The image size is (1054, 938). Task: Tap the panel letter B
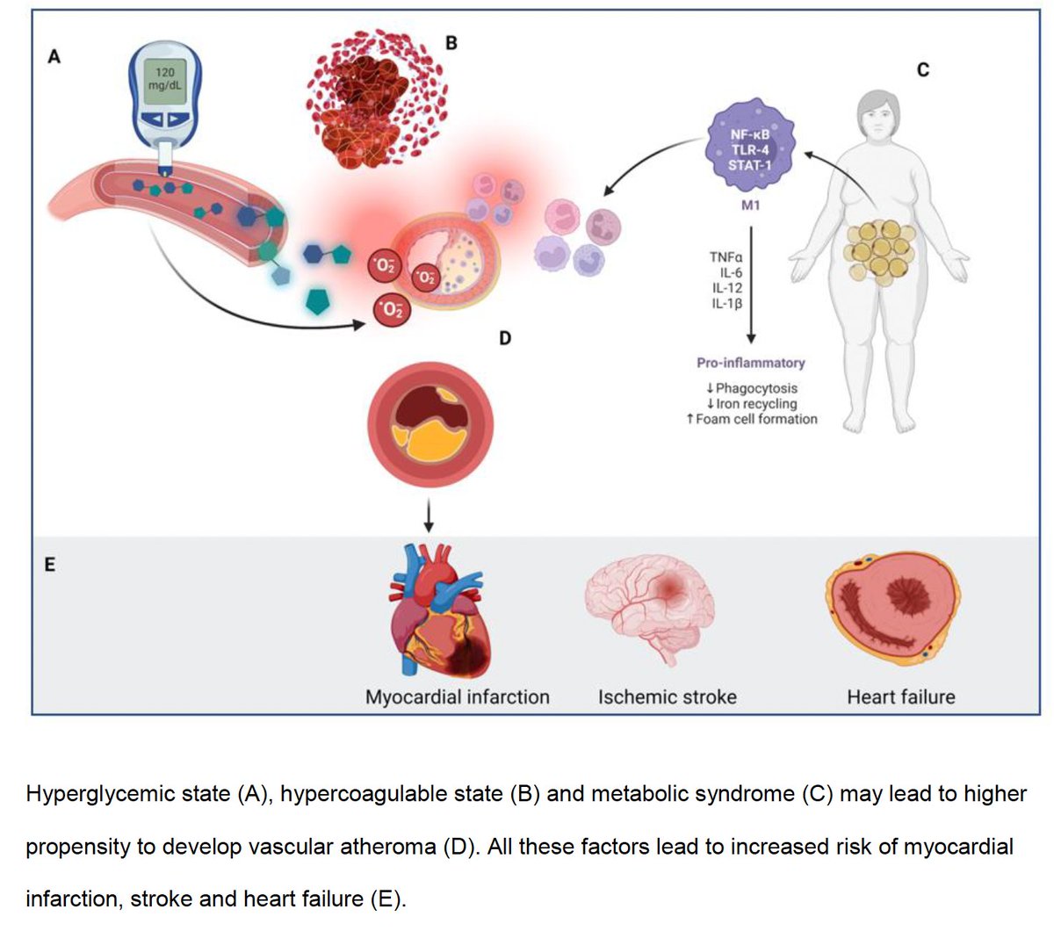(x=451, y=41)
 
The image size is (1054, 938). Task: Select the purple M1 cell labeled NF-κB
(x=749, y=149)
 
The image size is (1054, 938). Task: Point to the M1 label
(x=750, y=205)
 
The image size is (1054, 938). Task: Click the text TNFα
(x=726, y=257)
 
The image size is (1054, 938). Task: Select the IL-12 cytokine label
(x=727, y=288)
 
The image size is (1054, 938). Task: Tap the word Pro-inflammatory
(x=750, y=363)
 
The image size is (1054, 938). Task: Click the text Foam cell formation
(x=755, y=419)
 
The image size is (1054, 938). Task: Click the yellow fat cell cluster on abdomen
(x=879, y=249)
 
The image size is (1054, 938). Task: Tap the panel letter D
(x=504, y=337)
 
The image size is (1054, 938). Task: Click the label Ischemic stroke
(x=667, y=697)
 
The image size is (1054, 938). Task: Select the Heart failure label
(x=900, y=697)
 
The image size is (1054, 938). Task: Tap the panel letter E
(x=50, y=565)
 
